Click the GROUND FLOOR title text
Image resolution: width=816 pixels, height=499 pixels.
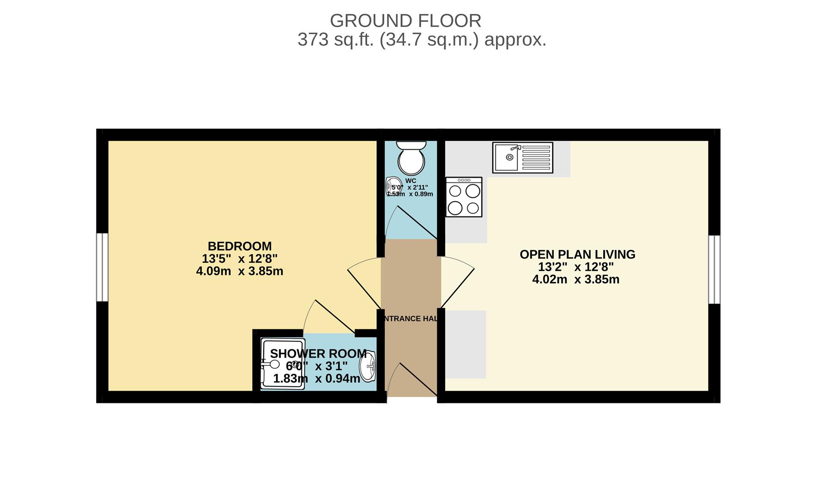point(405,21)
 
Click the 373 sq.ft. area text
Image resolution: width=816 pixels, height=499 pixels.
point(421,40)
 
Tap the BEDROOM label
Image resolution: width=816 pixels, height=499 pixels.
point(239,246)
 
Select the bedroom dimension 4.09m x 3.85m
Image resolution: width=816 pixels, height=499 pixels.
point(239,271)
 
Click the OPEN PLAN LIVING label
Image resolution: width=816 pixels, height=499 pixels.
point(577,255)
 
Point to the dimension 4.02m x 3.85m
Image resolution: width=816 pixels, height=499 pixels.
point(575,280)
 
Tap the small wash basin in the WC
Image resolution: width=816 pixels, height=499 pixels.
point(393,186)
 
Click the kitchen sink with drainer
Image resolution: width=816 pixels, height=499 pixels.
point(522,158)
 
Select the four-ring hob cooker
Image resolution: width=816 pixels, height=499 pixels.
point(464,197)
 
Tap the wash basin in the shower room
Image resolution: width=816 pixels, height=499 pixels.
point(369,366)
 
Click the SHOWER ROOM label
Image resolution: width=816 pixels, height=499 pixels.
point(318,354)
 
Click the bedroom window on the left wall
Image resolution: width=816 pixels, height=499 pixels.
point(102,267)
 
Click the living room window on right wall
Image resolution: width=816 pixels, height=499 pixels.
point(714,269)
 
